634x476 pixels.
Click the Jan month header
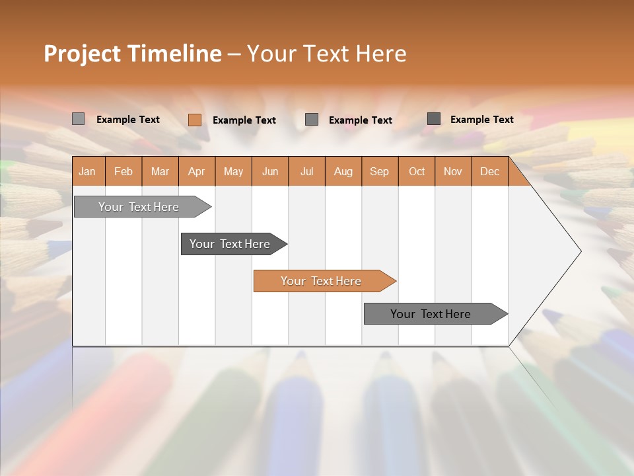[x=87, y=171]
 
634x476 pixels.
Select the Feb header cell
[x=123, y=171]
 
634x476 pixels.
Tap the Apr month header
[x=197, y=171]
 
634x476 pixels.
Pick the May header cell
[x=233, y=171]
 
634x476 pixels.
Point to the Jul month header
[x=306, y=171]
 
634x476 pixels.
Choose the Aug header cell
[x=343, y=171]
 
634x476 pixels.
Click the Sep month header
[x=380, y=171]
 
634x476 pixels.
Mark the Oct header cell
[x=417, y=171]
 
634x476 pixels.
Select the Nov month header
[x=453, y=171]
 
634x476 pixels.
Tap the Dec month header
[x=490, y=171]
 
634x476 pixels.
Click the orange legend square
[x=195, y=120]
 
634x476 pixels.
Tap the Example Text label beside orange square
[x=244, y=120]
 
